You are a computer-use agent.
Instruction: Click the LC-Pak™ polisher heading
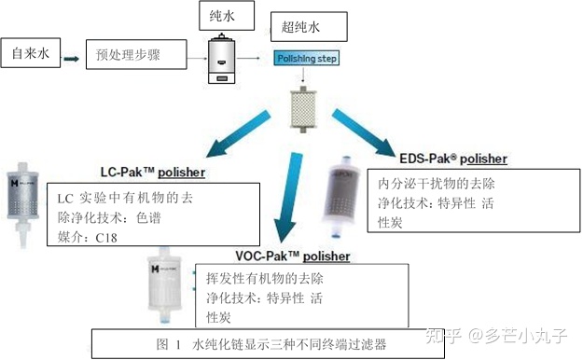click(x=153, y=173)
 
